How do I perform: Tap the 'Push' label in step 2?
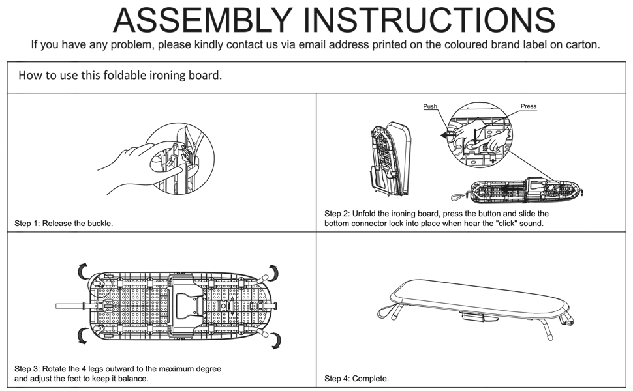point(430,106)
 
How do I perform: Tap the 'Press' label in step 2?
point(528,106)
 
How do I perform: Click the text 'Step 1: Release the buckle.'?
point(64,224)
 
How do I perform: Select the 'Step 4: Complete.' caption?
point(356,379)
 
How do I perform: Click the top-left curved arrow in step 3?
point(82,269)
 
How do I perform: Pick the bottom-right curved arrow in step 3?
point(275,339)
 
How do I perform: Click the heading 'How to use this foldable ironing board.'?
point(120,76)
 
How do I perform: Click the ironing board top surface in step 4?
point(476,297)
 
